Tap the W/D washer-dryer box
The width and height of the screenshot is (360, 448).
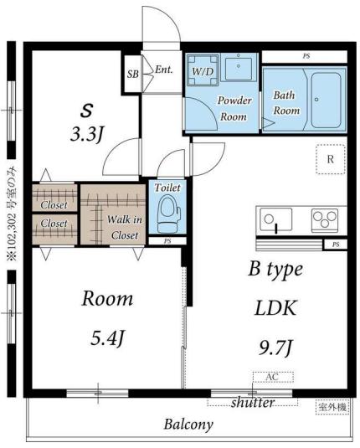203,70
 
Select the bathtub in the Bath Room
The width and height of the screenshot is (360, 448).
326,100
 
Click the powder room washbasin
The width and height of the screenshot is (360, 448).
239,68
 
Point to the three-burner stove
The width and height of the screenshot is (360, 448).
325,219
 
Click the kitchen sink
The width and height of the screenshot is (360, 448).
276,219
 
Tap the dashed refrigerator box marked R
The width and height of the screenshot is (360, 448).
331,159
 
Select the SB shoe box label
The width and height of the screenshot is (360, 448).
133,75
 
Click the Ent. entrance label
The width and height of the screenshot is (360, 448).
164,70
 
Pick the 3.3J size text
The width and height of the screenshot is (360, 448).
86,135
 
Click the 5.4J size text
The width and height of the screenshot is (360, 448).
107,337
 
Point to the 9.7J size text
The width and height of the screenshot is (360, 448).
275,348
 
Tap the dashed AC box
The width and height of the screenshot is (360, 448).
273,377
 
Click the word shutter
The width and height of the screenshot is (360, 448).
253,402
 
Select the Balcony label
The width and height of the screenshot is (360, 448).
188,425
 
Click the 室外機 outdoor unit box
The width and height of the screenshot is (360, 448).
332,407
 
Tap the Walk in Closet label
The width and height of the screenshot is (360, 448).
125,228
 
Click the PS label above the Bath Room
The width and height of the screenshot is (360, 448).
306,56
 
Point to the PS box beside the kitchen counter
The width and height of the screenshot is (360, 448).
336,245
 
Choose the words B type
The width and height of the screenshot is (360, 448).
275,270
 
